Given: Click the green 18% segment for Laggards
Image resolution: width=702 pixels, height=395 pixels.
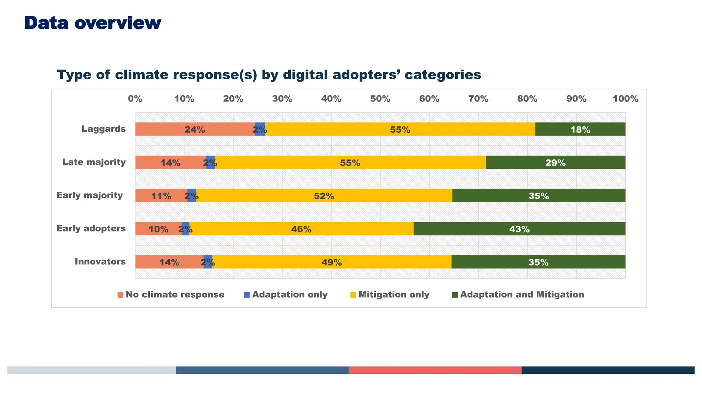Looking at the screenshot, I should (x=580, y=129).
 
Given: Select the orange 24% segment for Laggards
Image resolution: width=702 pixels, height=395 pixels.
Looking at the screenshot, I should (x=195, y=129).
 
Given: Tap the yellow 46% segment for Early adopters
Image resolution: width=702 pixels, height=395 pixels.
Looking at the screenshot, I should (x=301, y=229).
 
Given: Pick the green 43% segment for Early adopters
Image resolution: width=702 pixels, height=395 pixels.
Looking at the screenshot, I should (x=519, y=229).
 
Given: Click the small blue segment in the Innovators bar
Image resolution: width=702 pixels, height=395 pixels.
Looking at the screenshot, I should (x=208, y=262).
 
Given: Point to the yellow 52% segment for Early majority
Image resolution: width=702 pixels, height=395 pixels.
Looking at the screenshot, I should (x=324, y=195).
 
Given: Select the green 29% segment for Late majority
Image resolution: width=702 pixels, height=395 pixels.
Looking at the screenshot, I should (x=555, y=163).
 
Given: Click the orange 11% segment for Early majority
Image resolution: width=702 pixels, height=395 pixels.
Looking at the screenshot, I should (x=161, y=195).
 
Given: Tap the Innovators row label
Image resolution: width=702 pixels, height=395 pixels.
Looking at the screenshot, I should (x=100, y=262).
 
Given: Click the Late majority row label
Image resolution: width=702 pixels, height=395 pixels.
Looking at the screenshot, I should (x=94, y=162).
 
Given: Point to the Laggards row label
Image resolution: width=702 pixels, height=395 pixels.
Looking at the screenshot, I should (x=104, y=129).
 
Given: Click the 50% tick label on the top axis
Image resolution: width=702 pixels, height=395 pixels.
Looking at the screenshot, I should (x=380, y=99).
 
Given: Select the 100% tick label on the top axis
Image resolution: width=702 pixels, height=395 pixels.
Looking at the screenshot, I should (x=625, y=99).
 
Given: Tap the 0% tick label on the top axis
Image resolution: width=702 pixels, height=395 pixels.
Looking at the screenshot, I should (x=135, y=99).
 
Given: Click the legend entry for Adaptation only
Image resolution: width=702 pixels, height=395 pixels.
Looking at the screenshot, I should (x=290, y=295).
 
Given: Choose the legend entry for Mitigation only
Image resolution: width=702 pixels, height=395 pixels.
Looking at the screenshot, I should (x=394, y=295).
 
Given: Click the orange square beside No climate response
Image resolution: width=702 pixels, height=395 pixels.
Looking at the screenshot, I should (x=120, y=295).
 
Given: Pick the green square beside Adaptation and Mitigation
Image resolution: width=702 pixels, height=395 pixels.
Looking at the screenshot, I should (x=455, y=295).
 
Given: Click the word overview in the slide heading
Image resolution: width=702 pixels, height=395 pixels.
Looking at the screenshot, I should (x=118, y=23).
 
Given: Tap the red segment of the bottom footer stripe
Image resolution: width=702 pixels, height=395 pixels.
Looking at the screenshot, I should (x=435, y=370).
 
